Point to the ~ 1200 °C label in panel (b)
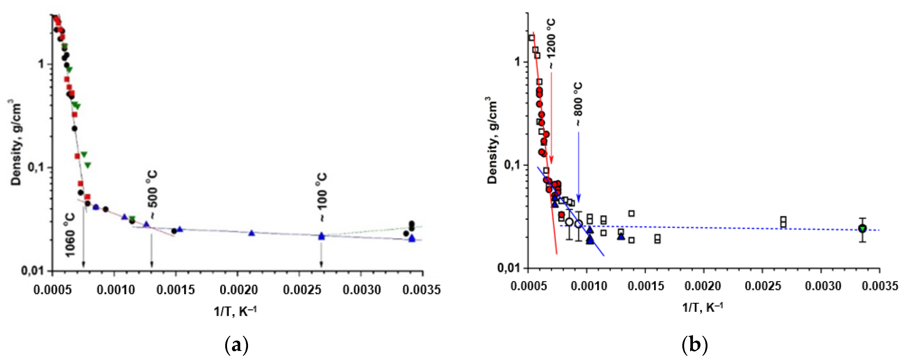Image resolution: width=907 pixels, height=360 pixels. [551, 44]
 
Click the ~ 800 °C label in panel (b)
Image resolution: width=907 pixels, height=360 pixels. [578, 104]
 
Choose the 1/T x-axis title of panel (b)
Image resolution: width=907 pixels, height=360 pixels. [703, 307]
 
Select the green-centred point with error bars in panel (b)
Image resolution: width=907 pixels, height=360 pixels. [862, 229]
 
